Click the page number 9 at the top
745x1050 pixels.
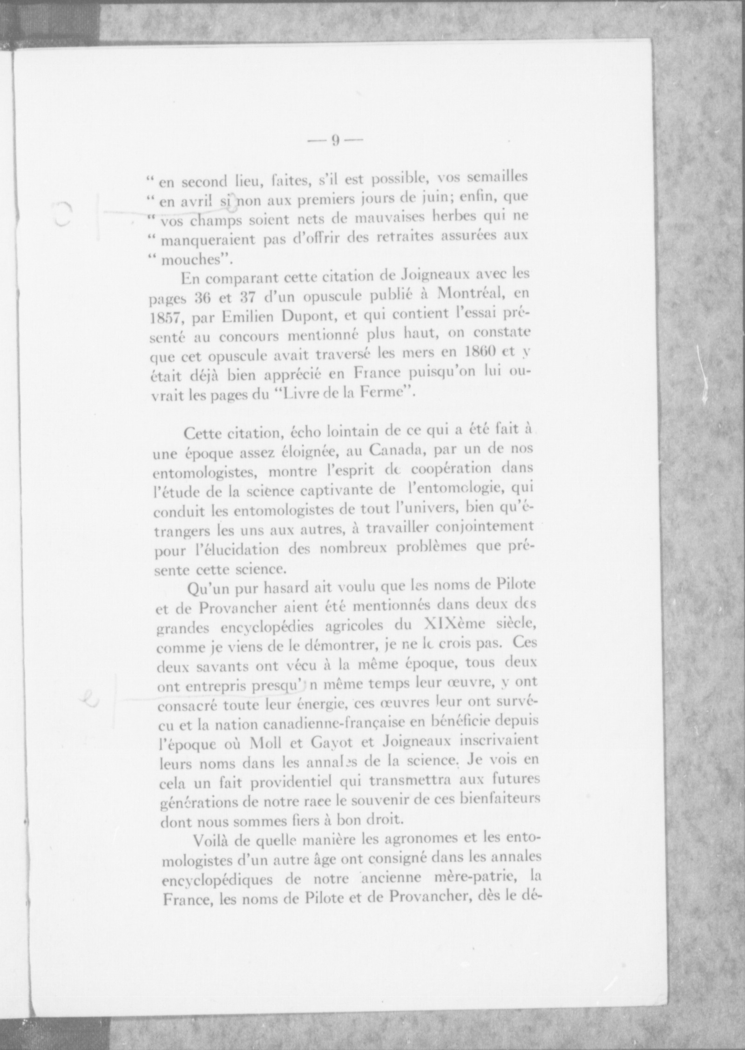(x=334, y=141)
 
